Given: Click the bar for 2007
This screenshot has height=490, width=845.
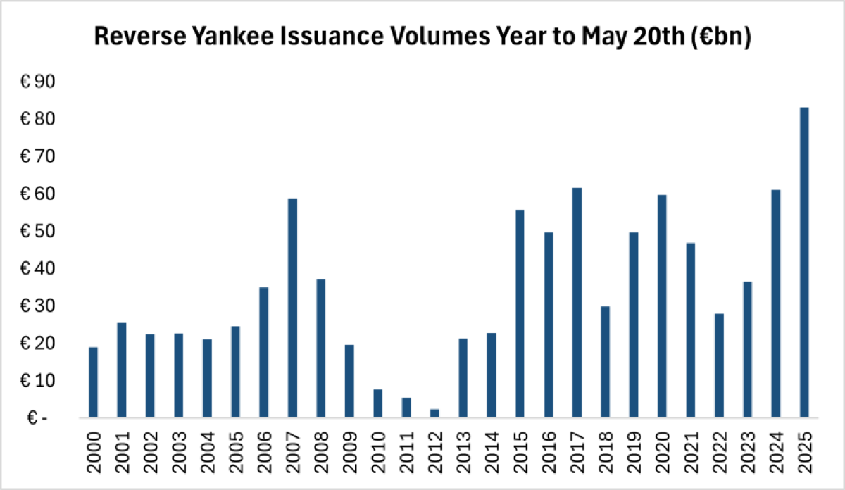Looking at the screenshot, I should (292, 308).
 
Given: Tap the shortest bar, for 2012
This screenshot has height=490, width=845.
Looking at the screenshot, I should (434, 414).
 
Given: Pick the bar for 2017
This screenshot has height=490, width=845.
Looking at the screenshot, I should (577, 303).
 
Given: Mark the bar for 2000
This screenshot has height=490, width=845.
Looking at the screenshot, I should (93, 382).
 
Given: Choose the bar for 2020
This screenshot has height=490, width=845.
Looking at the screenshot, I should (662, 306).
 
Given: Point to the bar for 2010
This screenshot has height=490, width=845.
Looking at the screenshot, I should (377, 403).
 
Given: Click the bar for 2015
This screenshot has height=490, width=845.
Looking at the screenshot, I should (520, 314).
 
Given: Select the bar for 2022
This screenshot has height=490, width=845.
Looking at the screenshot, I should (719, 365).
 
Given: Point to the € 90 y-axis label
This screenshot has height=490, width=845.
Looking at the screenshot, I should (37, 82).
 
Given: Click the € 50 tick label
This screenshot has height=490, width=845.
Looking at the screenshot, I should (37, 232).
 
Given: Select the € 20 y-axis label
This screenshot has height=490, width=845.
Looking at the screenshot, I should (37, 344).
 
